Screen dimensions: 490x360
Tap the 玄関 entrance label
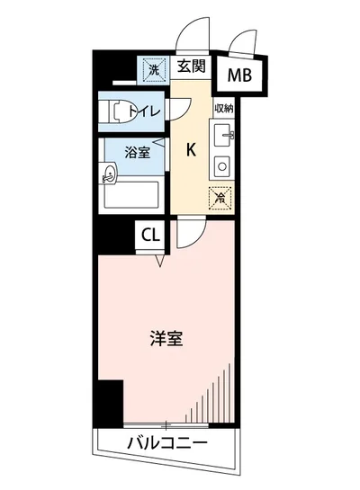click(x=189, y=66)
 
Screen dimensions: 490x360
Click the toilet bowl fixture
click(x=116, y=112)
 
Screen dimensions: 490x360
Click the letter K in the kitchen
click(x=191, y=149)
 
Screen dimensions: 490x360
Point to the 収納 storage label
click(x=224, y=107)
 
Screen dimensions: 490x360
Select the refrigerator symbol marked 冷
click(x=219, y=197)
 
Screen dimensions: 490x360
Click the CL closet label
click(x=150, y=236)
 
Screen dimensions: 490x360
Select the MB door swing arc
click(x=241, y=40)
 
